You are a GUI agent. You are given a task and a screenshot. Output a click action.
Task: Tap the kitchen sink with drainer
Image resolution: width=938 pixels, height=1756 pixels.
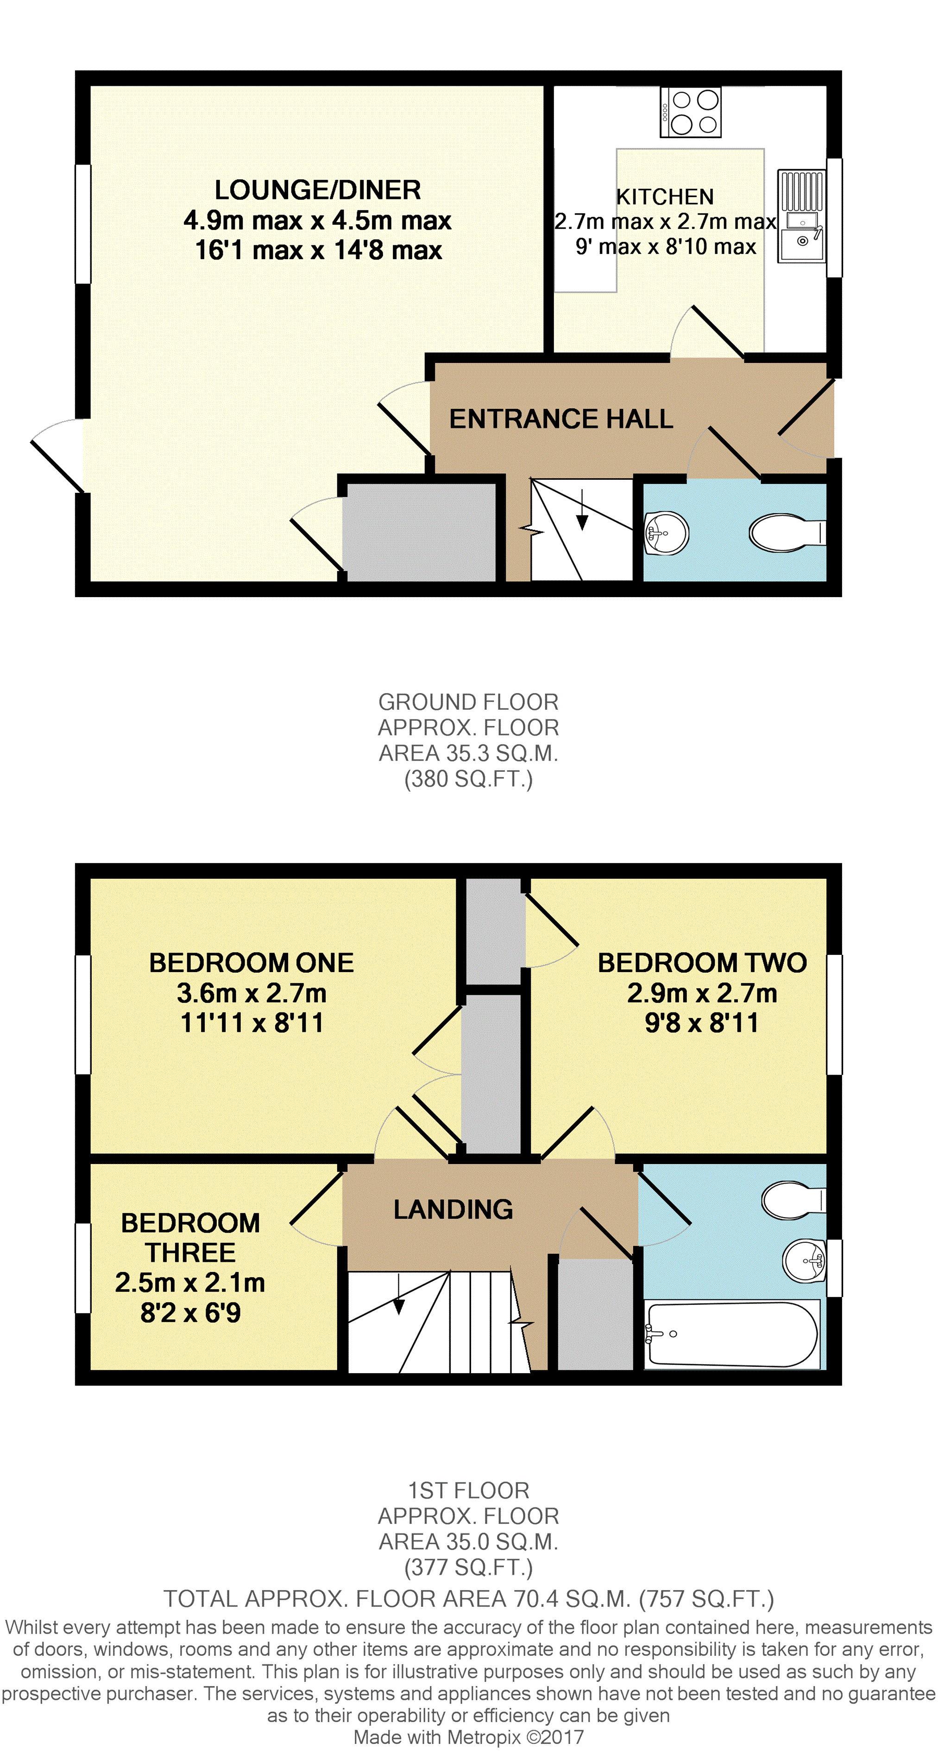802,216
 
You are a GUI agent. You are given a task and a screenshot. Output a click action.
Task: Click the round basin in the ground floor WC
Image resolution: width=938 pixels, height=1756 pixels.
666,532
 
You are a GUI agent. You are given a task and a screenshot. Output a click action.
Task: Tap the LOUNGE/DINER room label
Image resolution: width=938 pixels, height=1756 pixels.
317,190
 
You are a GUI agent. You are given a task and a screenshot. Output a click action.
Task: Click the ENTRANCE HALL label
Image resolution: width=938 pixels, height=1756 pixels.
560,419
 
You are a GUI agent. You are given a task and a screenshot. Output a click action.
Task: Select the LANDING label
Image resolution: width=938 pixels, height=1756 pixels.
453,1209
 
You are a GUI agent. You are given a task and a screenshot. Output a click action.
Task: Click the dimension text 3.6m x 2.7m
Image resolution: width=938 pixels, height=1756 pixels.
252,993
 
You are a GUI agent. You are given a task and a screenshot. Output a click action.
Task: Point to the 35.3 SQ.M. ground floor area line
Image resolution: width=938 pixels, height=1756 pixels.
469,753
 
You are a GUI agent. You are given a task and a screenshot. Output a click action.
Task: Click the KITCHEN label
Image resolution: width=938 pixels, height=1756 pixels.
665,197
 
